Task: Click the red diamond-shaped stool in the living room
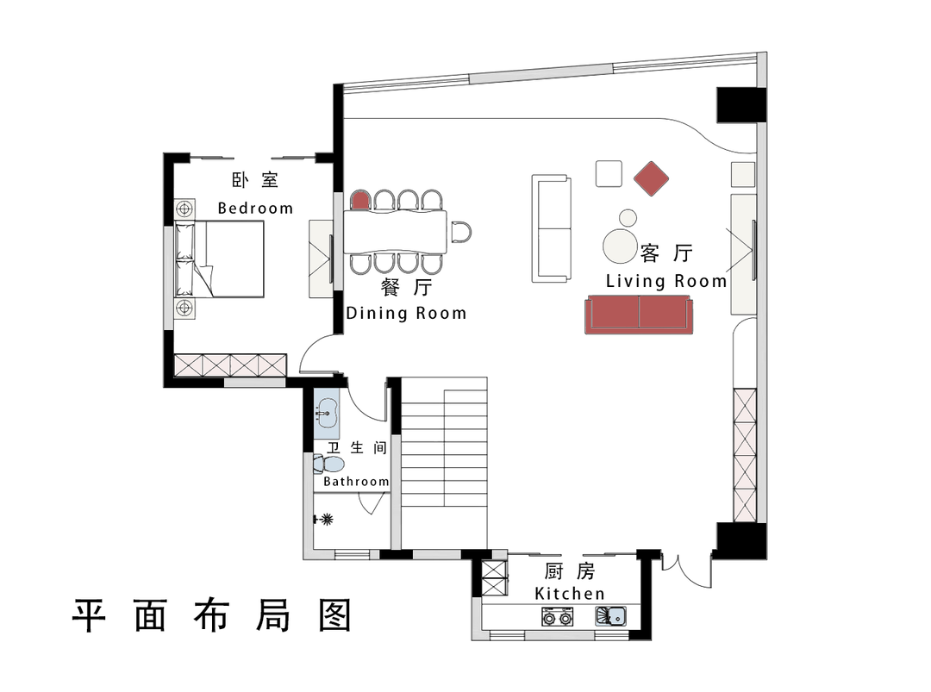(652, 178)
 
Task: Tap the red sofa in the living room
(639, 314)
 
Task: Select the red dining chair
(359, 200)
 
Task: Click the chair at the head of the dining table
(461, 232)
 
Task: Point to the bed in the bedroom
(219, 259)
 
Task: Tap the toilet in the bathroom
(329, 464)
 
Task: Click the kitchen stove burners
(558, 617)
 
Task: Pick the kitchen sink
(611, 616)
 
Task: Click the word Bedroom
(255, 209)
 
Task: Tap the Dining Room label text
(406, 313)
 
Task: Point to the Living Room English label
(666, 281)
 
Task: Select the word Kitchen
(570, 594)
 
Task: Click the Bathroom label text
(356, 482)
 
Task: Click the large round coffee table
(620, 246)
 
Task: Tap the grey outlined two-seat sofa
(551, 228)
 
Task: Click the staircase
(444, 463)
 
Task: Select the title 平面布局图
(211, 615)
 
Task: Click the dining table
(395, 232)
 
